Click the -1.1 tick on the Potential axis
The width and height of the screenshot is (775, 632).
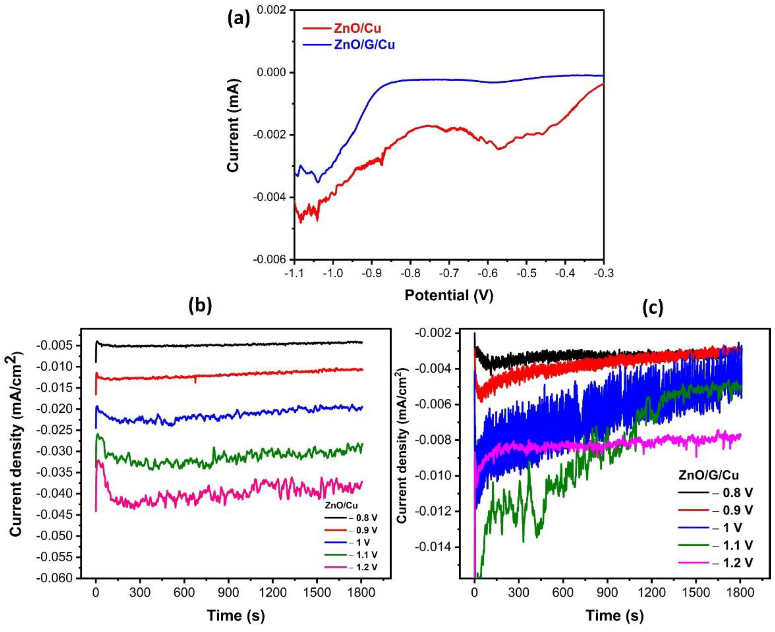coord(294,273)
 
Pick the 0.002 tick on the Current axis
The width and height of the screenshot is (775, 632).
coord(272,10)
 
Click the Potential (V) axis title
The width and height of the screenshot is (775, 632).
coord(449,295)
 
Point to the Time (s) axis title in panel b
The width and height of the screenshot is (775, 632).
coord(236,616)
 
